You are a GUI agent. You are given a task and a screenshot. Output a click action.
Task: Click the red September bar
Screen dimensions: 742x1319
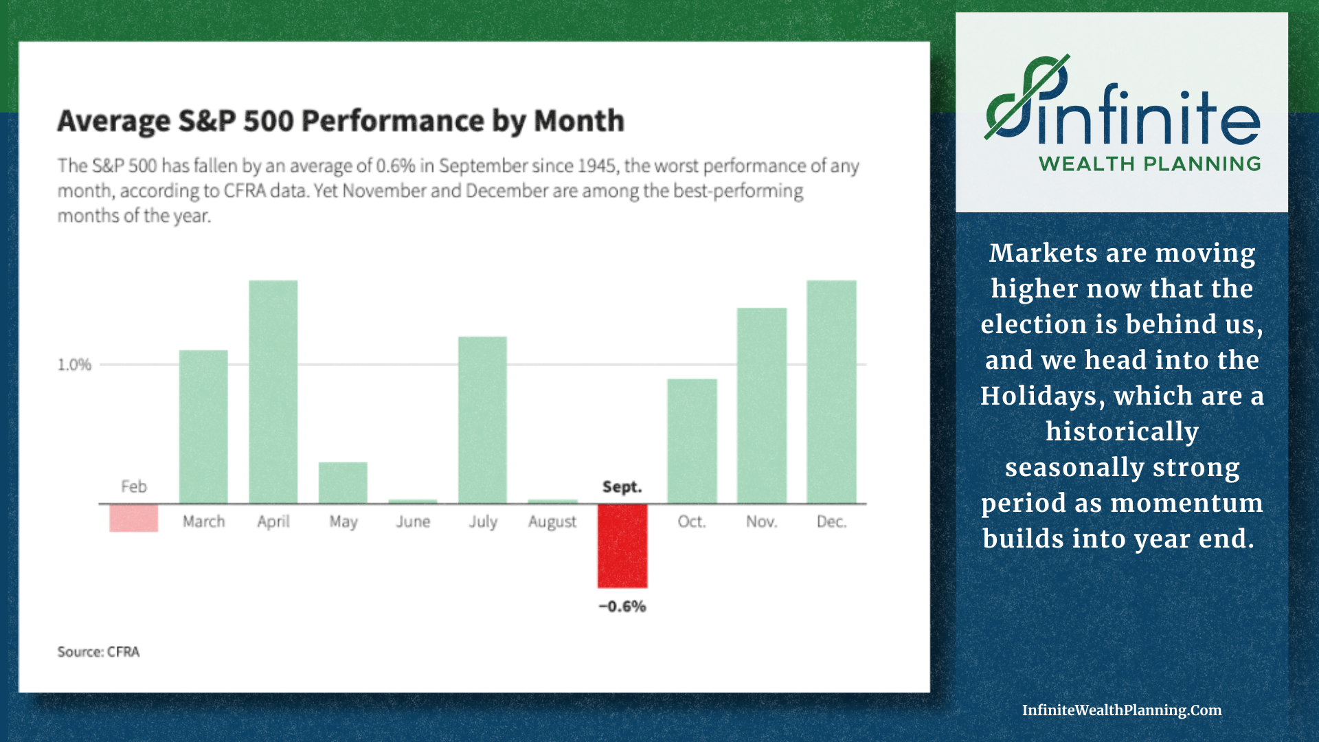coord(622,546)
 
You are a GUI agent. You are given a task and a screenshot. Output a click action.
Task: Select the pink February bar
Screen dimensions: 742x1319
coord(133,518)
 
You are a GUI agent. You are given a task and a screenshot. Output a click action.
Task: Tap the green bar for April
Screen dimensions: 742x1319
coord(273,392)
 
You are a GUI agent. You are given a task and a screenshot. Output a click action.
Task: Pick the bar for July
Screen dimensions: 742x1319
coord(482,420)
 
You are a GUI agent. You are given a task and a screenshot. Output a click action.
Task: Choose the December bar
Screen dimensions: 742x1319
coord(831,392)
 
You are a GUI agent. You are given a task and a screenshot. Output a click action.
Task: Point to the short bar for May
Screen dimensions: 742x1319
coord(343,483)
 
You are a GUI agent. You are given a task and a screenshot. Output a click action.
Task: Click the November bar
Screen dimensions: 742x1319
coord(761,405)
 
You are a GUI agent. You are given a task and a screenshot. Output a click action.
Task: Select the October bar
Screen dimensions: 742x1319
coord(692,441)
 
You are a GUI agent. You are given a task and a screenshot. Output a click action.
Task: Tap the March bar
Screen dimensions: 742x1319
coord(203,427)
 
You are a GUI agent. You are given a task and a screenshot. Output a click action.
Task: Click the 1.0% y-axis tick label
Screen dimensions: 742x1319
coord(74,365)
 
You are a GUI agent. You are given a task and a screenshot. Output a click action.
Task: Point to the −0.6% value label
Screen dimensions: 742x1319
coord(622,607)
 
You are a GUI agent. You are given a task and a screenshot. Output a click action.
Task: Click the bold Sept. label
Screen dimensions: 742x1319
coord(622,487)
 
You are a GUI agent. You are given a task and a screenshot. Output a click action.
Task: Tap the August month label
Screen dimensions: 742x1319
coord(552,522)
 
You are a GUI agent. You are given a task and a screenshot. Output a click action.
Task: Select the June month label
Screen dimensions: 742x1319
coord(413,522)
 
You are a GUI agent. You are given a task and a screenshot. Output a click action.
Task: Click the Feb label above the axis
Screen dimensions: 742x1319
coord(134,487)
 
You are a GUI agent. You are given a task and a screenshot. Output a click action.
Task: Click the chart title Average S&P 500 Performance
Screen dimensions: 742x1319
coord(341,121)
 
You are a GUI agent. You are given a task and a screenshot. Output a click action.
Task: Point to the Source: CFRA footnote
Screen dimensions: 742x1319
coord(98,652)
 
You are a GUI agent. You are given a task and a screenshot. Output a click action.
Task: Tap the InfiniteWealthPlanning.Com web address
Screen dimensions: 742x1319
coord(1122,710)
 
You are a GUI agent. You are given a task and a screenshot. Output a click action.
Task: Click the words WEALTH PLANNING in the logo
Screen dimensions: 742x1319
coord(1149,164)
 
